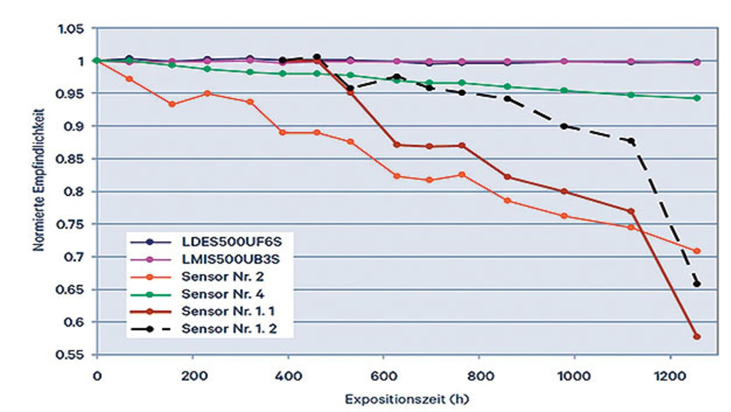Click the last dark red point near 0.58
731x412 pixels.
tap(697, 337)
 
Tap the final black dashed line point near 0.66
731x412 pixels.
tap(697, 284)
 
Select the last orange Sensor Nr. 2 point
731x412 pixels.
tap(697, 251)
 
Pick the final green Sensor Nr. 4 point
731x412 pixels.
tap(697, 98)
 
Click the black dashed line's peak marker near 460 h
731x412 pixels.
tap(317, 57)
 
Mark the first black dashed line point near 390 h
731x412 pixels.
tap(282, 60)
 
